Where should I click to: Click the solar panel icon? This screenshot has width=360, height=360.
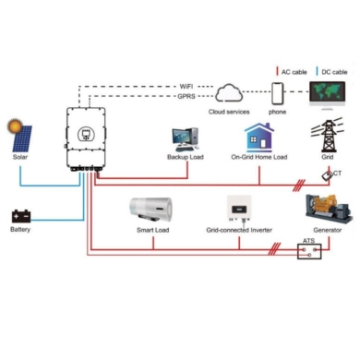(x=22, y=138)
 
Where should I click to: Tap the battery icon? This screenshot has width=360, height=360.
(x=21, y=216)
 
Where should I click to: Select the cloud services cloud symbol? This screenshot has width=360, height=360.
(x=229, y=92)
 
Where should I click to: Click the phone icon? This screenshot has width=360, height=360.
(x=277, y=93)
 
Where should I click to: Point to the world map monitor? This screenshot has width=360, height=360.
(x=327, y=95)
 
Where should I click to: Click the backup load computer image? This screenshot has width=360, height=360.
(x=186, y=139)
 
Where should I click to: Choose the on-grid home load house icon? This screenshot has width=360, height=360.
(x=259, y=138)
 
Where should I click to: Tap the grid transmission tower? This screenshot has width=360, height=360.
(x=327, y=135)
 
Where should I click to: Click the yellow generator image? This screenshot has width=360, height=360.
(x=329, y=209)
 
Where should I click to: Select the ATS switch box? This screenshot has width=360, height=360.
(x=309, y=251)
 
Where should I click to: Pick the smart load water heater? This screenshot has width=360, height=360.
(x=150, y=210)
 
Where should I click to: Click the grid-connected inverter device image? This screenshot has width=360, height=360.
(x=239, y=209)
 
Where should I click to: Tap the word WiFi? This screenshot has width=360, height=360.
(x=186, y=86)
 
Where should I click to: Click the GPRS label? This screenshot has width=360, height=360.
(x=186, y=96)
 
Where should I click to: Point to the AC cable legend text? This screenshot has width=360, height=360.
(x=294, y=72)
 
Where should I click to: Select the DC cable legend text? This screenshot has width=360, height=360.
(x=334, y=72)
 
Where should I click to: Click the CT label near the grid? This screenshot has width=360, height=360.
(x=337, y=174)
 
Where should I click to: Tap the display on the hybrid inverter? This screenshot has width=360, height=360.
(x=86, y=134)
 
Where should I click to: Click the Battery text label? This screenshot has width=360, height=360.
(x=20, y=230)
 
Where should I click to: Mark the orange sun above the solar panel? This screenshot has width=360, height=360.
(x=15, y=126)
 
